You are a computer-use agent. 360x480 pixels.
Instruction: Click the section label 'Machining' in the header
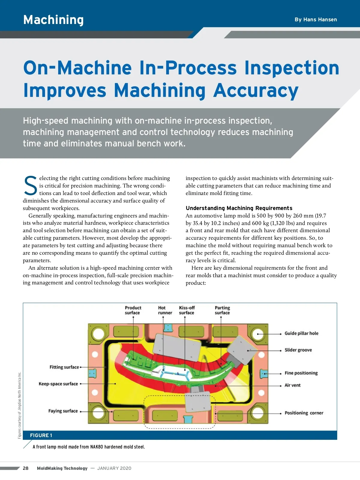coord(53,20)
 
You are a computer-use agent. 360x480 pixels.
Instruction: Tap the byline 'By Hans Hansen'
coord(316,19)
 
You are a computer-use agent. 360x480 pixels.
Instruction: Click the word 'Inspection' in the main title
coord(292,68)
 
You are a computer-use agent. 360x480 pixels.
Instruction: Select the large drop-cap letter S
coord(30,186)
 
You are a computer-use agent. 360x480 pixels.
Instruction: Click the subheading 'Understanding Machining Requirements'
coord(239,208)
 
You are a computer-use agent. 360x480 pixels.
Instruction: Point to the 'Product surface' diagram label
coord(133,310)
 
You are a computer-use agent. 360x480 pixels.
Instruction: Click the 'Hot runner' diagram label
coord(165,310)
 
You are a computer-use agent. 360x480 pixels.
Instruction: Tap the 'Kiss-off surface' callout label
coord(187,310)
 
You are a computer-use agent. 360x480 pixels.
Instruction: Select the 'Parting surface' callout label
coord(222,310)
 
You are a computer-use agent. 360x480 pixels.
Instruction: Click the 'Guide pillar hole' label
coord(301,333)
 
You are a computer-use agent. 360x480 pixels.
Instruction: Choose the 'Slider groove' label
coord(298,350)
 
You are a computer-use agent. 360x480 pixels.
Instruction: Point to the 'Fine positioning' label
coord(301,373)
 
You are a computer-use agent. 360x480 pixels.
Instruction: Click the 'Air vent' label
coord(292,385)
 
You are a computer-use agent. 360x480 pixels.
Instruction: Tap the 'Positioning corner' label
coord(304,413)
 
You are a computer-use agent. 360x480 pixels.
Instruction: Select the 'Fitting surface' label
coord(64,367)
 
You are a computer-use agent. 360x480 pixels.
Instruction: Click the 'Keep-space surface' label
coord(58,384)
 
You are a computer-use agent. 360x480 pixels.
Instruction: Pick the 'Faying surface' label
coord(63,411)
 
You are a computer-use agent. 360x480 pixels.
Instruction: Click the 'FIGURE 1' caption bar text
coord(41,435)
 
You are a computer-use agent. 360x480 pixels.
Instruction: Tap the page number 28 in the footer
coord(26,468)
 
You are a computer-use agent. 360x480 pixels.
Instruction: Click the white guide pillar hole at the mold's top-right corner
coord(258,334)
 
